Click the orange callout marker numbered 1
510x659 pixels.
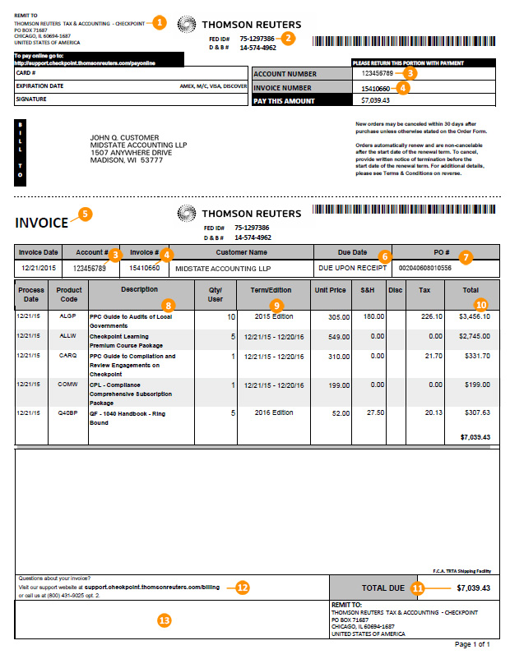coord(159,23)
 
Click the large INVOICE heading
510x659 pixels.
coord(41,223)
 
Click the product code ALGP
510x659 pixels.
coord(68,316)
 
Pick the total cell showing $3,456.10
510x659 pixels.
coord(474,316)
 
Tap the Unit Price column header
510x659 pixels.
coord(330,290)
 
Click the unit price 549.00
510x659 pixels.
coord(333,336)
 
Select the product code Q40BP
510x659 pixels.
coord(69,412)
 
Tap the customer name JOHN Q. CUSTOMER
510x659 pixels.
coord(124,137)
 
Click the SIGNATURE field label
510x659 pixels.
coord(31,99)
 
